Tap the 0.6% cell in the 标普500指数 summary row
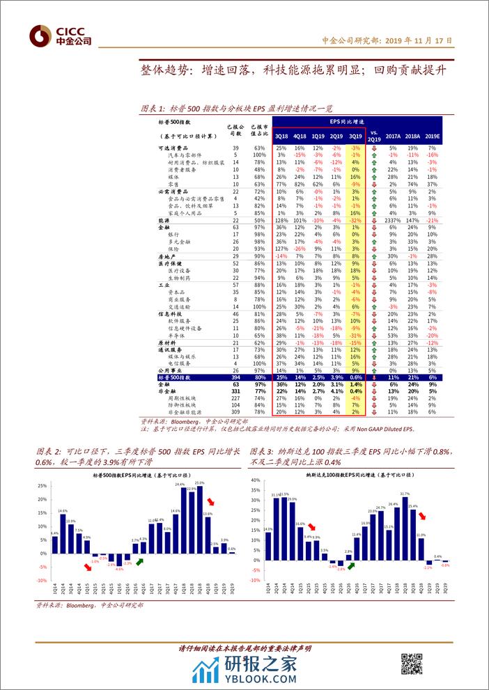point(355,377)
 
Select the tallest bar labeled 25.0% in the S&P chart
point(199,518)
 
